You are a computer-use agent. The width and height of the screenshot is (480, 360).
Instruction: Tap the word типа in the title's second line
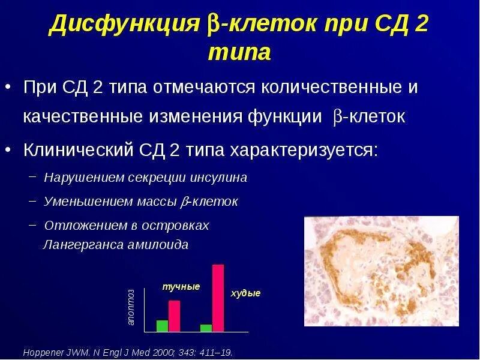(239, 53)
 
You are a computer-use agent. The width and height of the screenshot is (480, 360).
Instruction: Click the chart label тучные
(181, 287)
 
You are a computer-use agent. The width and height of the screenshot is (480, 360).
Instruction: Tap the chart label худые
(246, 293)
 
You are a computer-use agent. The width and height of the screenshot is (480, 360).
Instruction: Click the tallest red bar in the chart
(218, 298)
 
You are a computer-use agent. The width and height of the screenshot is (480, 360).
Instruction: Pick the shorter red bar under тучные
(174, 316)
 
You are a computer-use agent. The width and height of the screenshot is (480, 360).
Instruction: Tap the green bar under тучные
(162, 326)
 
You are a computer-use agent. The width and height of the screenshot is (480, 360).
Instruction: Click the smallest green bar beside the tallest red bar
(206, 328)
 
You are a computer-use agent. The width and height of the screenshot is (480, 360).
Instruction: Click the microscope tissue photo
(381, 271)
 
